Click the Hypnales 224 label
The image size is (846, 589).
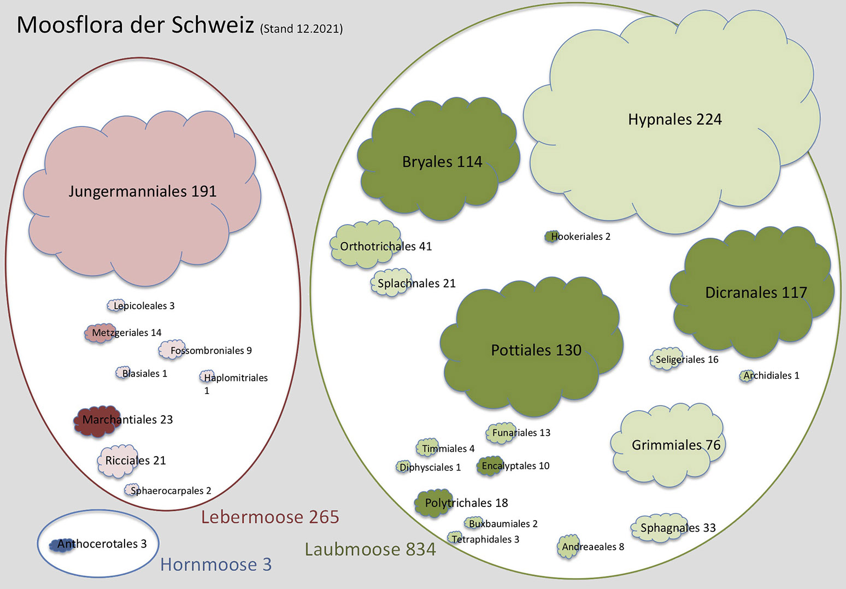click(675, 120)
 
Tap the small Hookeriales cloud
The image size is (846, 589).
click(552, 237)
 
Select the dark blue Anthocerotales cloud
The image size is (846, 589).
click(61, 545)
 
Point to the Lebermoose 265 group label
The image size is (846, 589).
click(270, 517)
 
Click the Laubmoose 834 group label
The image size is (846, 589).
click(370, 549)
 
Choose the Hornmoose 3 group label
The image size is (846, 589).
click(216, 564)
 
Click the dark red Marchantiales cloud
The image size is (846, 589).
click(97, 421)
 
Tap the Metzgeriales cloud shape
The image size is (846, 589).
click(99, 333)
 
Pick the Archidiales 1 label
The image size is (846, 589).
click(771, 376)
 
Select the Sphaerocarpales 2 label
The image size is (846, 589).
click(171, 491)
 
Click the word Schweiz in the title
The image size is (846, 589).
click(213, 25)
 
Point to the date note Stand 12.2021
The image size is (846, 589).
click(301, 29)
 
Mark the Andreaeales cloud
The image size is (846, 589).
click(568, 546)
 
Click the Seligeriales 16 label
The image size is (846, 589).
click(687, 360)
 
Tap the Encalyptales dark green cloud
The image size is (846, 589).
click(490, 466)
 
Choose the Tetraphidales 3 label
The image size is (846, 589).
click(486, 539)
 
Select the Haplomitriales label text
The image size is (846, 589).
click(236, 378)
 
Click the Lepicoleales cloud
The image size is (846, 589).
click(116, 305)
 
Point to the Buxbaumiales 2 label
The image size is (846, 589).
click(503, 524)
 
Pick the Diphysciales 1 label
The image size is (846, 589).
click(430, 467)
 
